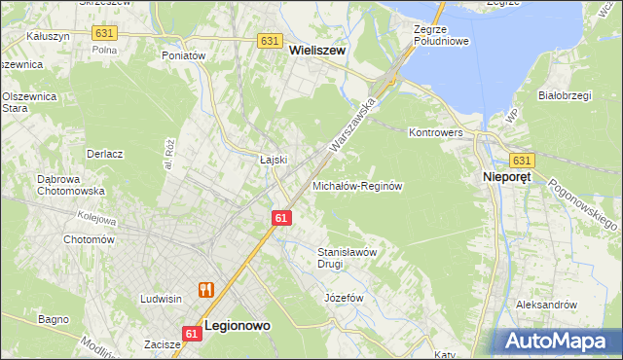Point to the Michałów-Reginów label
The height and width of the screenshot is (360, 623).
pyautogui.click(x=357, y=185)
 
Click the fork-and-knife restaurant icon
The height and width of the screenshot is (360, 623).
pyautogui.click(x=205, y=289)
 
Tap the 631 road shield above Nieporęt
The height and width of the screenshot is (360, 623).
pyautogui.click(x=522, y=161)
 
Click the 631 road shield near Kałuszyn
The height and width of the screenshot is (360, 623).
pyautogui.click(x=104, y=33)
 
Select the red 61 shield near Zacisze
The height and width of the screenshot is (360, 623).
pyautogui.click(x=192, y=333)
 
